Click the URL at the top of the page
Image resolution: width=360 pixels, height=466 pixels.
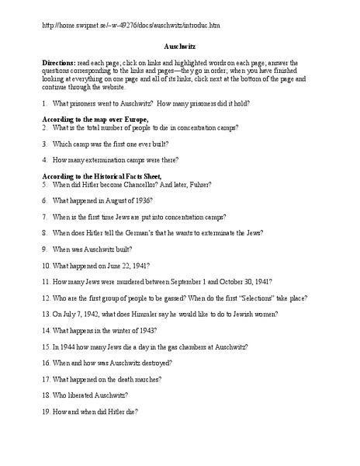(132, 25)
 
